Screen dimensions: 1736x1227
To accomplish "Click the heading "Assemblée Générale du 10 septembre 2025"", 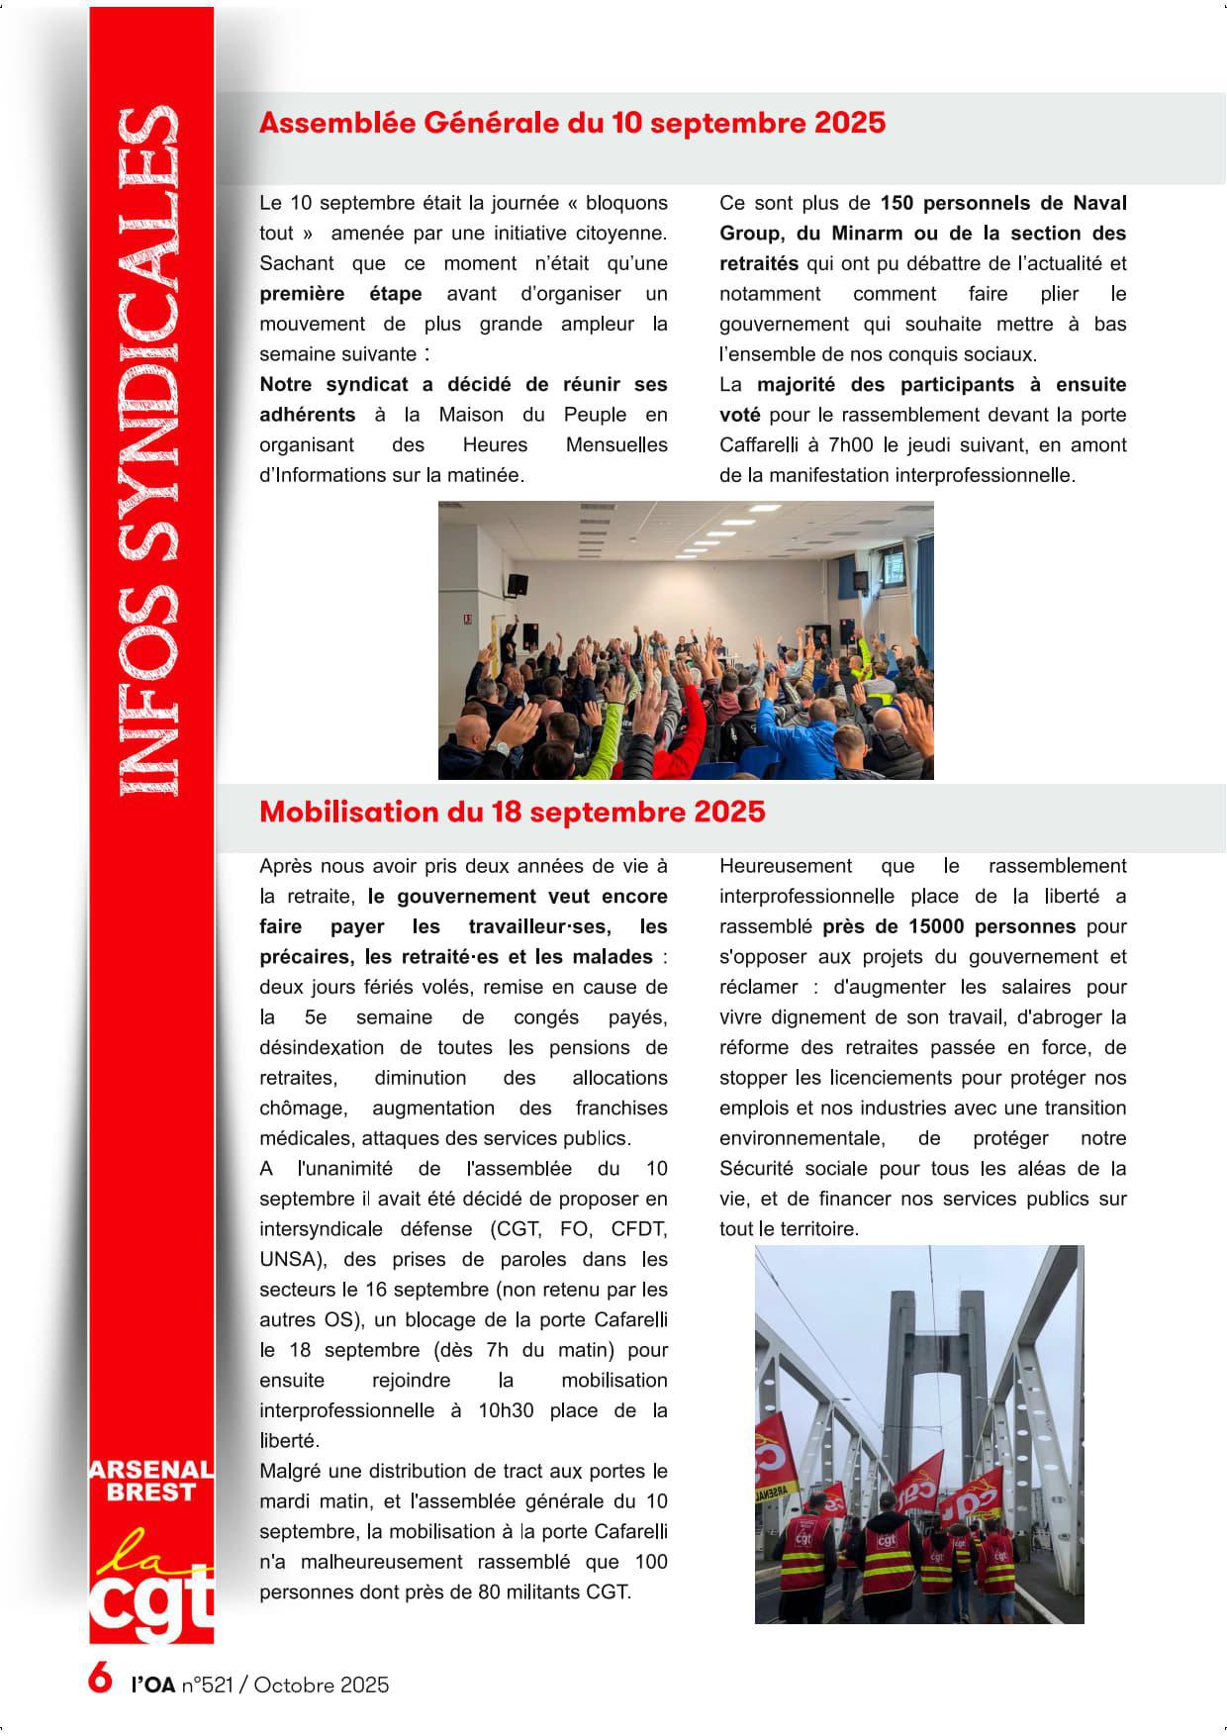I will tap(572, 123).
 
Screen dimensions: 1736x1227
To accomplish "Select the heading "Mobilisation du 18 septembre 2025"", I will tap(512, 812).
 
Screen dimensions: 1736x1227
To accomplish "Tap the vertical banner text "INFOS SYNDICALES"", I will tap(149, 450).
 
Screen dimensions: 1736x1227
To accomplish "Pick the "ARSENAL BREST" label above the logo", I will tap(151, 1481).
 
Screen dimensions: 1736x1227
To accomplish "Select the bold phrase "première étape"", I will tap(340, 294).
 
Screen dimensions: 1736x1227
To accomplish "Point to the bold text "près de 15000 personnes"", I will tap(948, 926).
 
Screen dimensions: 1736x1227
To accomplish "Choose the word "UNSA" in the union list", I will tap(285, 1260).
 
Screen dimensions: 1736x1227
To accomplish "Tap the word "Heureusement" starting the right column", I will tap(785, 866).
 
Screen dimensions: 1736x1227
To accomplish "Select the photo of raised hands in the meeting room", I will tap(686, 640).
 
